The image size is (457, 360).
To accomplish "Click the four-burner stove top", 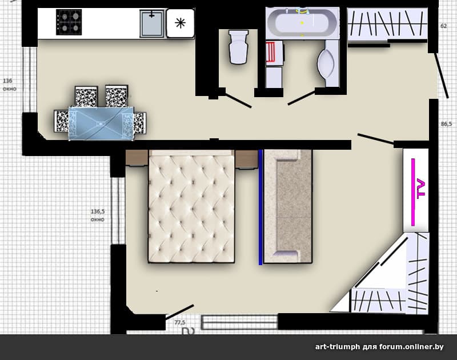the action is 69,22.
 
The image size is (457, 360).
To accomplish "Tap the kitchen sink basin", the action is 151,23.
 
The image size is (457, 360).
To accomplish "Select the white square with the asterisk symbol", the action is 181,23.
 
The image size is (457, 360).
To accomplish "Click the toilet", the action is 239,47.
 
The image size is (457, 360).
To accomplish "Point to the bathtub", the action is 302,22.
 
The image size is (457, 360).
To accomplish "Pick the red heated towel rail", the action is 271,52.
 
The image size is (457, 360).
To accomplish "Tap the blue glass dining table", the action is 101,124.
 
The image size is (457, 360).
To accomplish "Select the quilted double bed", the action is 191,206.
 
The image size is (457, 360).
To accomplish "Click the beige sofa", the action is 288,207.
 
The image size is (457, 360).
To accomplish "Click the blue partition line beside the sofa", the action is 260,207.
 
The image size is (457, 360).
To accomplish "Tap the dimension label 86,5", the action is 446,124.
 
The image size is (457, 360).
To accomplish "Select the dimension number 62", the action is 444,26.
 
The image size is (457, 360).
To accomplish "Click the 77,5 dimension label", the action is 180,322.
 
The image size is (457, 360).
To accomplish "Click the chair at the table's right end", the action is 140,123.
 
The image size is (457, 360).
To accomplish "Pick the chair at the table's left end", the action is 62,121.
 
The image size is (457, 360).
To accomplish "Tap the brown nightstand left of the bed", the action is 137,158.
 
